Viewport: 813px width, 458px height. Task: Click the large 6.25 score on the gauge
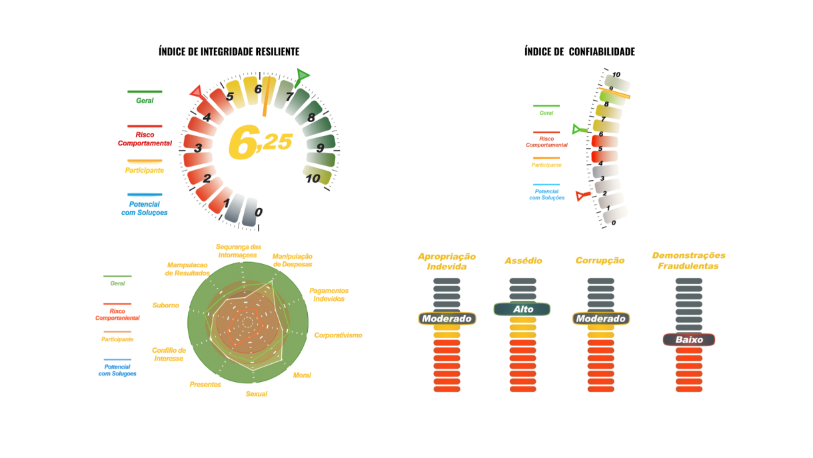click(260, 143)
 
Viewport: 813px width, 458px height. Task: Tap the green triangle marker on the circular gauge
click(303, 75)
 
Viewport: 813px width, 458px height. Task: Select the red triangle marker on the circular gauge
click(198, 91)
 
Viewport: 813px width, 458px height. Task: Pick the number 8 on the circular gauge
click(311, 117)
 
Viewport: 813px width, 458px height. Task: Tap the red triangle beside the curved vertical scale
click(582, 195)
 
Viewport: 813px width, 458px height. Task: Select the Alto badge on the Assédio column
click(522, 309)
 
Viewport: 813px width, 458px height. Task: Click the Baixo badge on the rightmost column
click(688, 340)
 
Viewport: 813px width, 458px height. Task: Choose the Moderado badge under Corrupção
click(600, 319)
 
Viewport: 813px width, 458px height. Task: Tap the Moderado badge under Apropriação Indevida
click(446, 319)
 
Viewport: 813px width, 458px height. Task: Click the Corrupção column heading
click(600, 260)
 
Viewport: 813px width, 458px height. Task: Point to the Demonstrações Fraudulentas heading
click(688, 260)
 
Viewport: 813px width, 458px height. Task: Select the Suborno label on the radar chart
click(165, 305)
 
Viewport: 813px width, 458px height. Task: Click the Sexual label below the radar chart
click(256, 394)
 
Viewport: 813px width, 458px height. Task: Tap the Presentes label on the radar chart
click(205, 385)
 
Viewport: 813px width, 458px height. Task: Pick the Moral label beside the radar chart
click(302, 375)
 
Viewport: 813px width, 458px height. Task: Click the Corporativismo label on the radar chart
click(338, 335)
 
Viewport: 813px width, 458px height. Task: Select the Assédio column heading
click(522, 261)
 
